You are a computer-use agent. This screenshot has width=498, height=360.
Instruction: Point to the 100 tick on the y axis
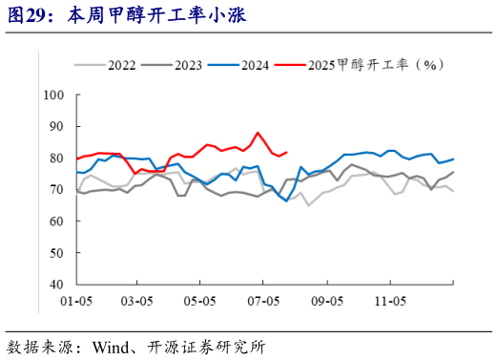pos(52,95)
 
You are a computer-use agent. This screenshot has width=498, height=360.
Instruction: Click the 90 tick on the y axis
pos(55,126)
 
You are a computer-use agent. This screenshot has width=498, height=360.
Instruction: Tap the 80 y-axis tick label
pos(55,158)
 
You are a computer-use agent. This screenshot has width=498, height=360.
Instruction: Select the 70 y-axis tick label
pos(55,189)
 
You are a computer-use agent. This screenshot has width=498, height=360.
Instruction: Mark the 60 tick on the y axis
pos(55,221)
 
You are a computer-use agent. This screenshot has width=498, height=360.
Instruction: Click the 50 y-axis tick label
pos(55,252)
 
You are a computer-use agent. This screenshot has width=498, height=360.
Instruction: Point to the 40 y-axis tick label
pos(55,284)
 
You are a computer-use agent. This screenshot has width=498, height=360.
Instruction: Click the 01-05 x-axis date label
pos(75,301)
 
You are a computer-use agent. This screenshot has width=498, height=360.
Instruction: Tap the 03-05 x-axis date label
pos(137,301)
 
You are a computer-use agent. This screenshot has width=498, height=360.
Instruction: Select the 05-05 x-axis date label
pos(200,301)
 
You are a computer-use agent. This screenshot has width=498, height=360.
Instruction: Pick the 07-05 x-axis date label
pos(263,301)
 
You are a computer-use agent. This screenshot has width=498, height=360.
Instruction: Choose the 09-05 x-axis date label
pos(327,301)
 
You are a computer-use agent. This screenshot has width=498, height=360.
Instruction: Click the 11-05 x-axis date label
pos(389,301)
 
